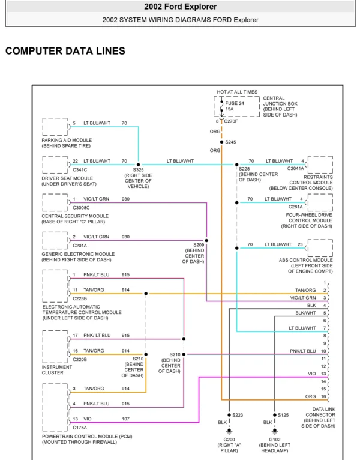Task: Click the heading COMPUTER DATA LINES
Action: pyautogui.click(x=65, y=51)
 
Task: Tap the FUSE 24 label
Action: pyautogui.click(x=235, y=103)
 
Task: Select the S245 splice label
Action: pyautogui.click(x=231, y=142)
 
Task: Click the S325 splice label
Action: pyautogui.click(x=139, y=170)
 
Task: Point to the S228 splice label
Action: pyautogui.click(x=245, y=169)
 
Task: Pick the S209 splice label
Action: pyautogui.click(x=199, y=245)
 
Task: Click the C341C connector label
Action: pyautogui.click(x=80, y=170)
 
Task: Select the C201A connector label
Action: pyautogui.click(x=80, y=245)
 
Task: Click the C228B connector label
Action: pyautogui.click(x=80, y=298)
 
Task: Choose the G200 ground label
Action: pyautogui.click(x=229, y=440)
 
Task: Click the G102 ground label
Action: pyautogui.click(x=275, y=440)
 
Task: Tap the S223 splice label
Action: pyautogui.click(x=238, y=415)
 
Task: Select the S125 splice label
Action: pyautogui.click(x=284, y=415)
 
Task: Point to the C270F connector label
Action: pyautogui.click(x=230, y=121)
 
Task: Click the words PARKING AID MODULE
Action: pyautogui.click(x=66, y=139)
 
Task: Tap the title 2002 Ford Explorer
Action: pyautogui.click(x=180, y=7)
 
